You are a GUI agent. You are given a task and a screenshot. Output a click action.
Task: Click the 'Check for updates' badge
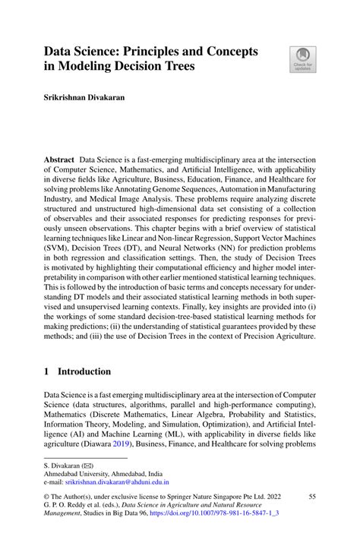303,60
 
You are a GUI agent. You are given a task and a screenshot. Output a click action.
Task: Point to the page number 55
311,496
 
